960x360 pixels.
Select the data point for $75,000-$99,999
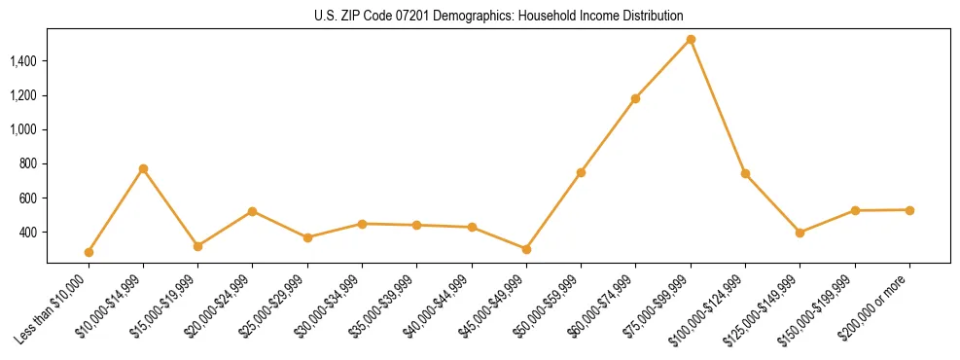tap(691, 40)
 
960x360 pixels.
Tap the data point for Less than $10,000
tap(89, 252)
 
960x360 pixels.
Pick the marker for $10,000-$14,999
tap(143, 168)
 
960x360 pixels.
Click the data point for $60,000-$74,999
tap(635, 98)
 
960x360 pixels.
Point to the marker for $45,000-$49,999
tap(526, 249)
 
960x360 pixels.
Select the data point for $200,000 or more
tap(909, 209)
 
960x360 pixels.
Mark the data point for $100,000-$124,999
tap(745, 173)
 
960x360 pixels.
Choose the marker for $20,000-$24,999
tap(253, 211)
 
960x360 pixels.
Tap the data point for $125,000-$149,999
tap(800, 233)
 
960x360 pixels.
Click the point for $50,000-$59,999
tap(581, 172)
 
